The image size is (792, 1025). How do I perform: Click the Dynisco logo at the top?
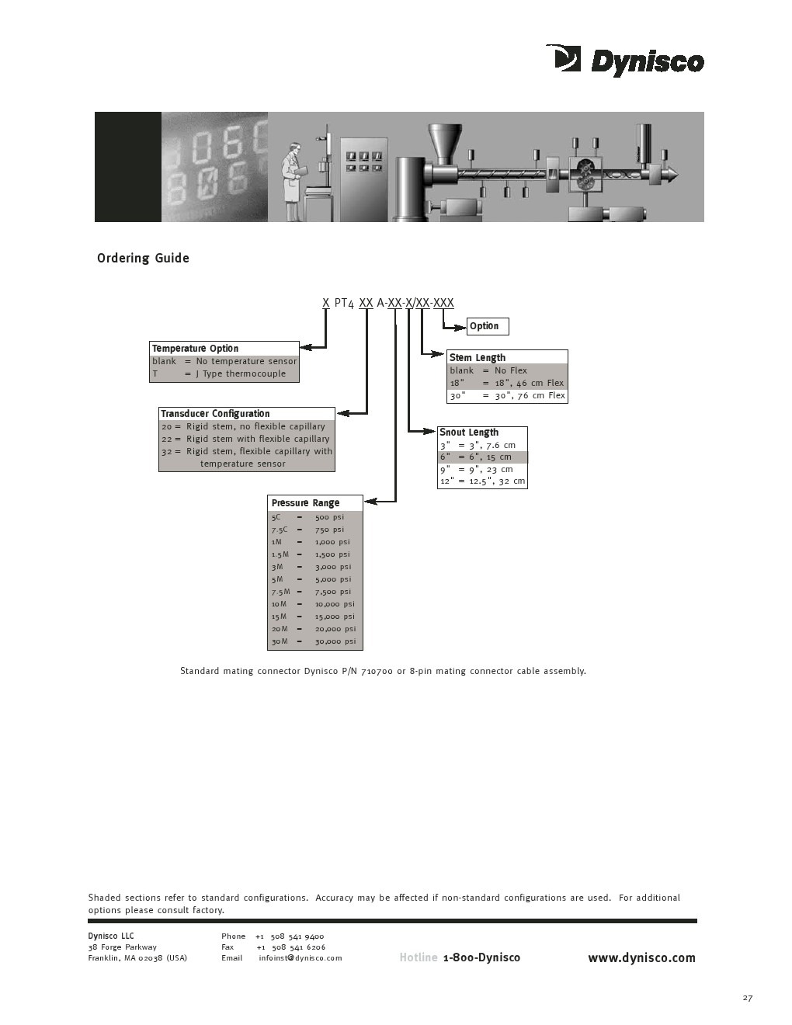pos(625,61)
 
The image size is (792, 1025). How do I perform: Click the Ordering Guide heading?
pos(143,259)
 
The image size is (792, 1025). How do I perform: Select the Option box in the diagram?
pos(487,326)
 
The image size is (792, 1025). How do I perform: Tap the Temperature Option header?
pos(195,349)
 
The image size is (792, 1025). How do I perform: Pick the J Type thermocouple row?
pos(224,374)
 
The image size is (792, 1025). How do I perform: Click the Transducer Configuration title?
pos(215,414)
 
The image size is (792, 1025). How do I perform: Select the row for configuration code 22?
pos(246,439)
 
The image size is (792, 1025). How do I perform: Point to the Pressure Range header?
pos(305,503)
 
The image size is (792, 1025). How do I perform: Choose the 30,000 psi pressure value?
pos(335,641)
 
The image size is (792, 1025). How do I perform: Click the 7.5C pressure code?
pos(280,530)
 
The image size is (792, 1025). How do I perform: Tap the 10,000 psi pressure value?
pos(334,604)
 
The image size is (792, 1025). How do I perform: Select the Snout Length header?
pos(469,433)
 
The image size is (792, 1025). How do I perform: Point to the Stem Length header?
pos(478,358)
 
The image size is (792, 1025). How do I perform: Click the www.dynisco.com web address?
pos(641,957)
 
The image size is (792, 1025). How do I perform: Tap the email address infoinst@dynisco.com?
pos(300,958)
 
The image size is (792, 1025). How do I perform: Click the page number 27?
pos(747,998)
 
